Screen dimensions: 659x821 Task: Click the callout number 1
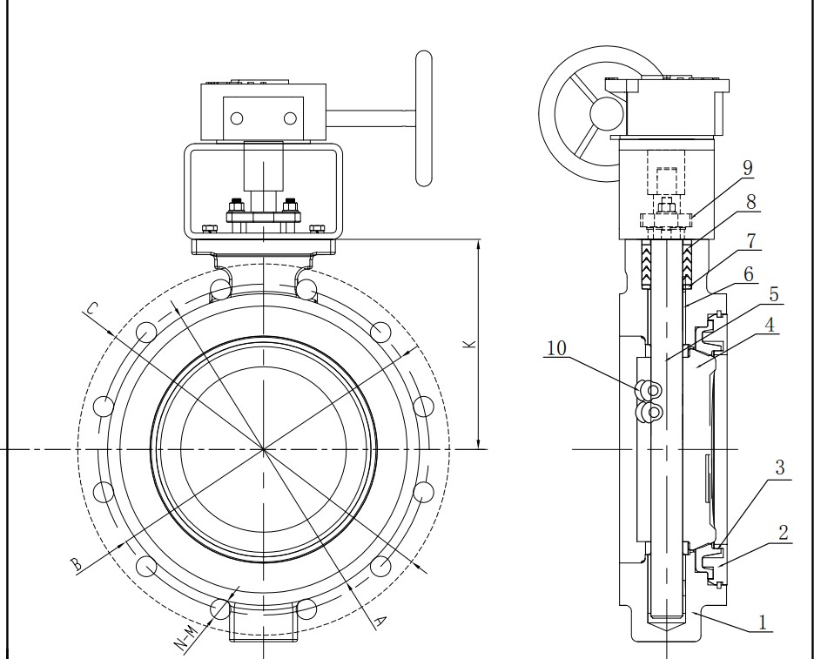tap(763, 622)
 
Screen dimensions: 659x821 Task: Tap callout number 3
tap(779, 467)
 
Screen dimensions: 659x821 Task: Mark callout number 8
tap(751, 202)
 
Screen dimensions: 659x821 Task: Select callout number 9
tap(748, 166)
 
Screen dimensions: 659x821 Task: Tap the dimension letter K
tap(468, 344)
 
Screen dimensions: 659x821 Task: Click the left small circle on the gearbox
tap(236, 118)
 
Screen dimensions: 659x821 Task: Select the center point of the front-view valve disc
tap(264, 449)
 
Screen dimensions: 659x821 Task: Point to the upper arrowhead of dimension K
tap(479, 247)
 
